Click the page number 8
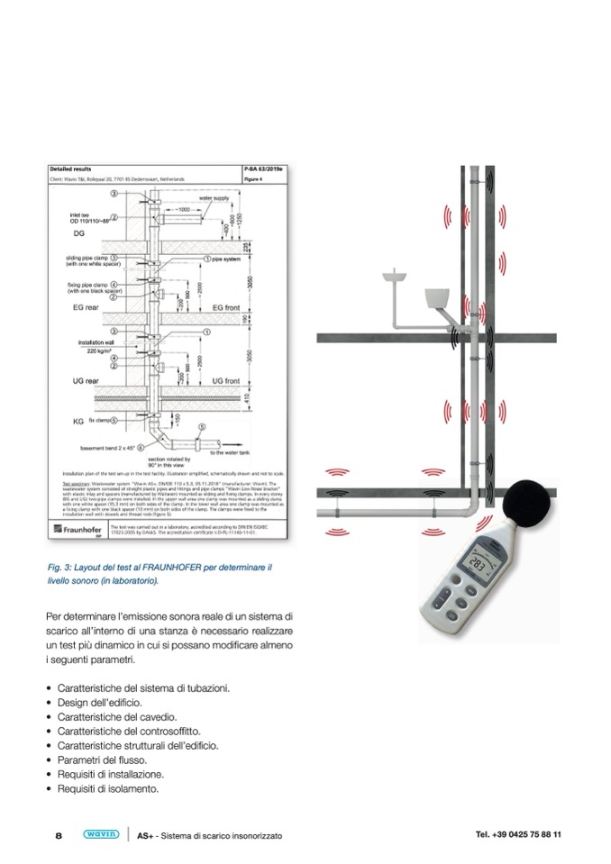(59, 835)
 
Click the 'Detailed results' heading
(70, 169)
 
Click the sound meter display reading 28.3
(478, 565)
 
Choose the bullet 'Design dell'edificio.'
(104, 702)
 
